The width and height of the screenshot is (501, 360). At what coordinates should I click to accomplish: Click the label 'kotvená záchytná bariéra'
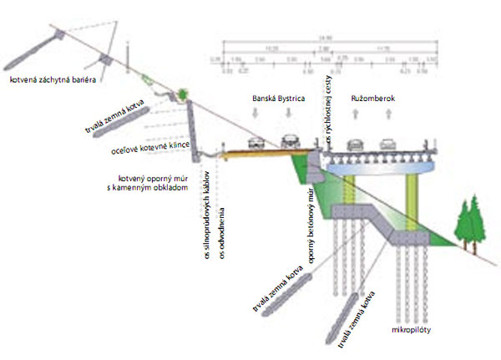(x=53, y=80)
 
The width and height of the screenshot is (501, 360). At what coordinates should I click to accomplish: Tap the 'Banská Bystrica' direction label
(x=279, y=99)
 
